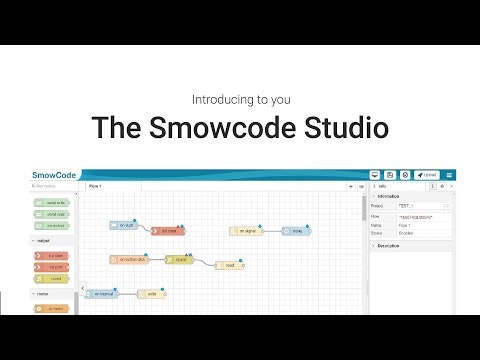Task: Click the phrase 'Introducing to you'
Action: (240, 100)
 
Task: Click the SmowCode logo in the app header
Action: (54, 175)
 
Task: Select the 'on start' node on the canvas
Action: (124, 226)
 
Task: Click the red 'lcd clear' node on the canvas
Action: (167, 231)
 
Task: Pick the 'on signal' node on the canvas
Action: (246, 231)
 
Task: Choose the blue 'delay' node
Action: (295, 231)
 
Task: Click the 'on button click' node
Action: (129, 259)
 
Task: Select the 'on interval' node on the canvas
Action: (101, 294)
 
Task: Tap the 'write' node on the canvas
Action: (151, 294)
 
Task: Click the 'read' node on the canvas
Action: (230, 265)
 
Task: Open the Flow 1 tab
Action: (95, 186)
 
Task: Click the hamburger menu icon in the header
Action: (449, 175)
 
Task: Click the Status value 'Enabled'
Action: (406, 233)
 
